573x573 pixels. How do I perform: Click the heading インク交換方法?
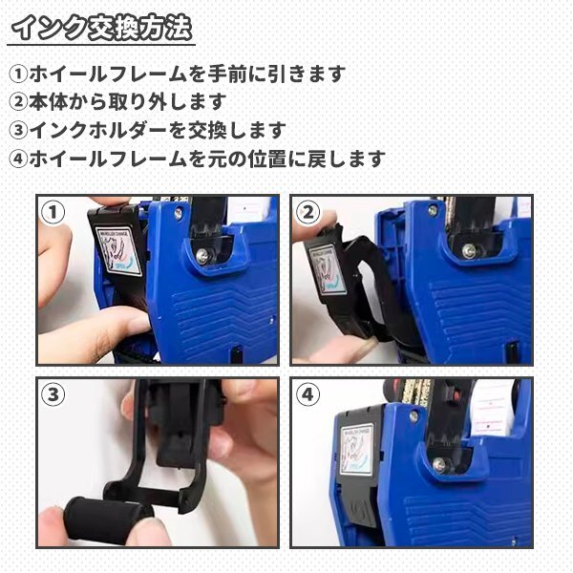coord(101,28)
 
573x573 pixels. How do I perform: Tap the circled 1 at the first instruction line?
coord(18,74)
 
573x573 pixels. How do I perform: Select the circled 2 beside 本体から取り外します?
coord(18,102)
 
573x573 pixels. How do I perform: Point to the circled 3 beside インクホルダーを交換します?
coord(18,131)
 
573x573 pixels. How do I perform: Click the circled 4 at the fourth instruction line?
coord(18,159)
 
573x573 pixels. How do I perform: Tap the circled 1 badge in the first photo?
coord(53,212)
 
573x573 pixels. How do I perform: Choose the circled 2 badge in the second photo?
coord(308,212)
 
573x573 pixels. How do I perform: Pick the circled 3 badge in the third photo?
coord(53,394)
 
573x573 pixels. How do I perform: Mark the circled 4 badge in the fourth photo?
coord(308,394)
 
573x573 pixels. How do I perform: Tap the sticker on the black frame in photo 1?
coord(118,250)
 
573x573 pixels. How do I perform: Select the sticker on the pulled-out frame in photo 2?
coord(327,268)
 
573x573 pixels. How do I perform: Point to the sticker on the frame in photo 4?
coord(356,450)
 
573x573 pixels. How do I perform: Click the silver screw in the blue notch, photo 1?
coord(202,256)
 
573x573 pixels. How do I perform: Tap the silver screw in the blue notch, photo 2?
coord(469,251)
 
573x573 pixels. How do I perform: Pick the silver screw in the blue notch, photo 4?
coord(439,464)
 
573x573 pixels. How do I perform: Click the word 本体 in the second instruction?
coord(48,102)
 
